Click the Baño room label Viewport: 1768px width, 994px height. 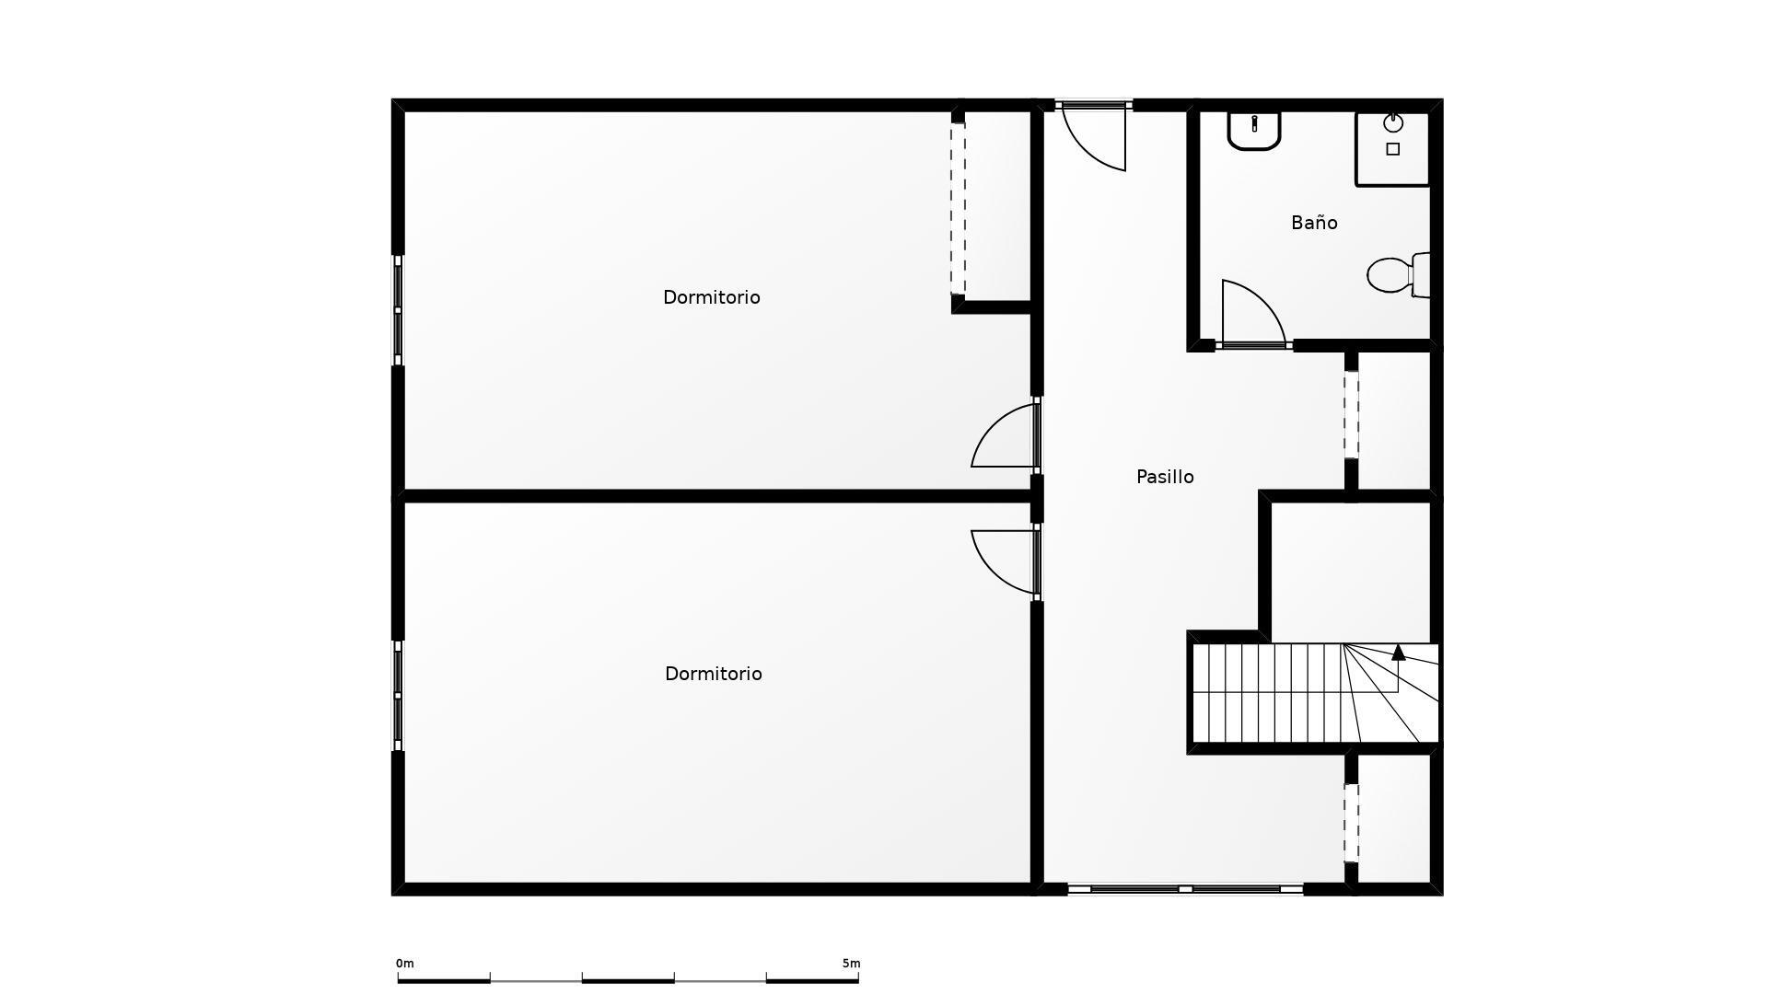click(x=1314, y=223)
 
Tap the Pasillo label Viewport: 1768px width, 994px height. click(x=1165, y=477)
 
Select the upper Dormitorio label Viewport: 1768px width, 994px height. click(x=712, y=297)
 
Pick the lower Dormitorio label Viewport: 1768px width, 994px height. click(x=714, y=674)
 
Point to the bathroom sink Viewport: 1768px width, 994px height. click(x=1254, y=130)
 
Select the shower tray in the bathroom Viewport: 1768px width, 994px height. click(x=1392, y=148)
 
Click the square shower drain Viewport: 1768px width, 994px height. click(x=1393, y=149)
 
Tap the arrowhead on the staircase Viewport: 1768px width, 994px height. click(x=1398, y=653)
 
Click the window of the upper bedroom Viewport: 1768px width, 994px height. click(x=398, y=310)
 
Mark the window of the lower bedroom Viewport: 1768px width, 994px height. click(x=398, y=696)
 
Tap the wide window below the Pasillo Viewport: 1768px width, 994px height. click(x=1185, y=889)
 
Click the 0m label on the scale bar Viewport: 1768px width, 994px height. click(x=405, y=964)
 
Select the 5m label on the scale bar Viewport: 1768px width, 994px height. click(x=851, y=964)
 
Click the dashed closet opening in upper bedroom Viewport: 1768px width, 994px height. click(x=958, y=208)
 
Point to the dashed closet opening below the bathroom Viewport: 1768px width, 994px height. click(x=1351, y=414)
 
